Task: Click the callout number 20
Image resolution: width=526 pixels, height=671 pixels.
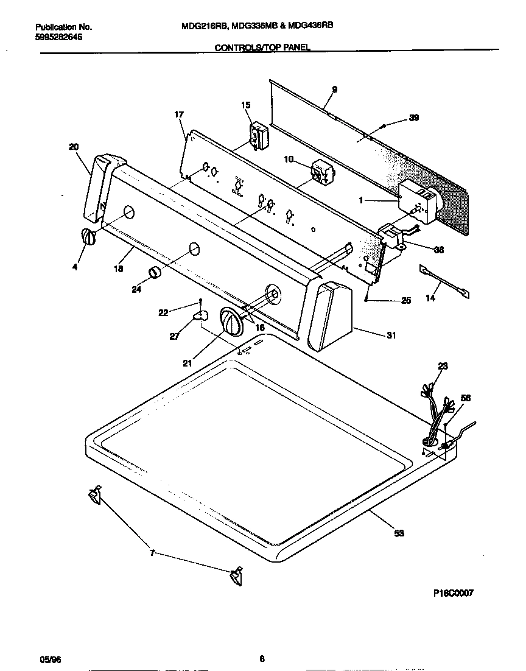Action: pyautogui.click(x=74, y=146)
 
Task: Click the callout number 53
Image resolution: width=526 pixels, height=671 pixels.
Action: pyautogui.click(x=399, y=533)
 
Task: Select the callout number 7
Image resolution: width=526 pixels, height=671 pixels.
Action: pyautogui.click(x=152, y=553)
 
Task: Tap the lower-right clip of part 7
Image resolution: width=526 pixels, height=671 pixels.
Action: pyautogui.click(x=235, y=575)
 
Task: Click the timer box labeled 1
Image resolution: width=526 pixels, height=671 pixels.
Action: pyautogui.click(x=417, y=202)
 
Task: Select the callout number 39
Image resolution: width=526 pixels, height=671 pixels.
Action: pyautogui.click(x=413, y=118)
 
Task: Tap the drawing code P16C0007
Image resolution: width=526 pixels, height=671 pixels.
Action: pyautogui.click(x=453, y=593)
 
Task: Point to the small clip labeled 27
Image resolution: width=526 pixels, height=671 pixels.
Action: pyautogui.click(x=200, y=315)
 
